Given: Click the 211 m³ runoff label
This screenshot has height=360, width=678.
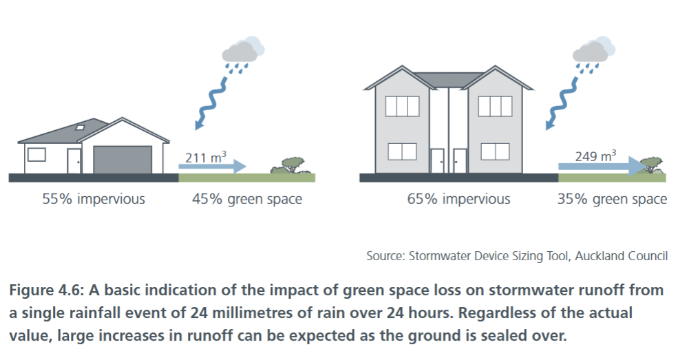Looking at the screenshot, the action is click(206, 158).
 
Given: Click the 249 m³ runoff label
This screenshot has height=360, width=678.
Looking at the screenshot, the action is click(595, 156).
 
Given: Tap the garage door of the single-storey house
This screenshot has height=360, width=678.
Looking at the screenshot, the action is click(123, 160).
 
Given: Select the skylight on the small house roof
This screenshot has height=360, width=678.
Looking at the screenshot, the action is click(80, 127).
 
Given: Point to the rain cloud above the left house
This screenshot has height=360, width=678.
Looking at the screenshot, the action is click(242, 50).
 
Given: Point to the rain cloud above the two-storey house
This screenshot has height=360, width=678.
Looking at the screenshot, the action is click(593, 50).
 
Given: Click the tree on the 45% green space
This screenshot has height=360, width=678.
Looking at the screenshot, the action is click(290, 165).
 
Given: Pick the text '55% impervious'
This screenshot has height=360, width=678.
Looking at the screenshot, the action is click(94, 199).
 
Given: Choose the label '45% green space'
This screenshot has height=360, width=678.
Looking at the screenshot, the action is click(247, 199).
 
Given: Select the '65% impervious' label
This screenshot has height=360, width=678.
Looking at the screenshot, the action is click(458, 199).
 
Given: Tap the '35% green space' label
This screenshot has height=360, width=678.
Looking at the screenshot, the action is click(612, 199).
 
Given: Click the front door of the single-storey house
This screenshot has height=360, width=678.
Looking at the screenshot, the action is click(74, 161).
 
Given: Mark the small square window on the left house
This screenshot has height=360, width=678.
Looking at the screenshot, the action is click(36, 155).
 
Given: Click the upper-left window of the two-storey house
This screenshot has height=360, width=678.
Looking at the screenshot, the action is click(402, 106).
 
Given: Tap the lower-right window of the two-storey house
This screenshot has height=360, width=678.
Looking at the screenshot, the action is click(495, 151).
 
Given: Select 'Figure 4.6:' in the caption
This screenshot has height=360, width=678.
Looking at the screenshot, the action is click(46, 290).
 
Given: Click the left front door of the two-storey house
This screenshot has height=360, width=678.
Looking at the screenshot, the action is click(438, 161).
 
